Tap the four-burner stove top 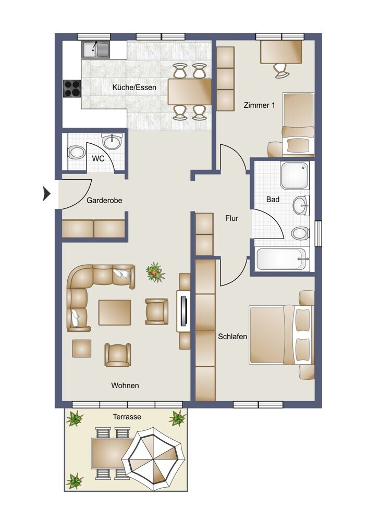(x=72, y=89)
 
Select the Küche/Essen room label (x=134, y=88)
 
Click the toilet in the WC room (x=76, y=153)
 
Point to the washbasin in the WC (x=112, y=142)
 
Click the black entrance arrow (x=46, y=193)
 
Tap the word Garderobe (x=104, y=201)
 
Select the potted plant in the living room (x=155, y=272)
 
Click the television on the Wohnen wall (x=183, y=311)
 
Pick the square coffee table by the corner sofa (x=115, y=312)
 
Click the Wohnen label (x=125, y=386)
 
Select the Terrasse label (x=127, y=417)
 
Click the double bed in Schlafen (x=281, y=335)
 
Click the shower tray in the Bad (x=295, y=176)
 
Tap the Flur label (x=232, y=218)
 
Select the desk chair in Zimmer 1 (x=281, y=71)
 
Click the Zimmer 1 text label (x=259, y=105)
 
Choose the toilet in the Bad (x=300, y=233)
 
